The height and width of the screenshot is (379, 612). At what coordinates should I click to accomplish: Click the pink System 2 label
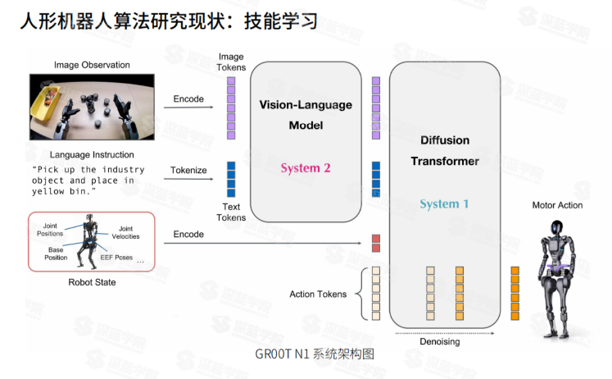click(x=305, y=168)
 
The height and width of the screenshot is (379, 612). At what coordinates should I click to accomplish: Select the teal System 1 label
click(x=444, y=203)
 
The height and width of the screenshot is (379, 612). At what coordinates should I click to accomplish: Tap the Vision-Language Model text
click(x=306, y=115)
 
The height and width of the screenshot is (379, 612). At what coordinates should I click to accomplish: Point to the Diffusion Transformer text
click(x=444, y=150)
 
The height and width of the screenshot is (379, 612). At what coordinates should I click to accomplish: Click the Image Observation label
click(x=92, y=65)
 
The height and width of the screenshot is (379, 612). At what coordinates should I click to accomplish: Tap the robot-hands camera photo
click(x=92, y=106)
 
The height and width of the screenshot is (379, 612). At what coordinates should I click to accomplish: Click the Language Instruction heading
click(x=92, y=154)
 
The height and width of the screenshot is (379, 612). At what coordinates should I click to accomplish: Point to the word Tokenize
click(x=188, y=171)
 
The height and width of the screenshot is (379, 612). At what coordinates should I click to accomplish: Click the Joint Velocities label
click(x=125, y=232)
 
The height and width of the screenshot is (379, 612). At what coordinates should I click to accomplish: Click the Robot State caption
click(x=92, y=282)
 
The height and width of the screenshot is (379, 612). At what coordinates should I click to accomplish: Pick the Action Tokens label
click(x=318, y=294)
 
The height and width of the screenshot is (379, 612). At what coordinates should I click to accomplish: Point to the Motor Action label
click(x=557, y=205)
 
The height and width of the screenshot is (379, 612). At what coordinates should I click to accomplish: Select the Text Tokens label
click(x=230, y=212)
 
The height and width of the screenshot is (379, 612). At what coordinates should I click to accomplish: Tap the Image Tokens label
click(x=230, y=62)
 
